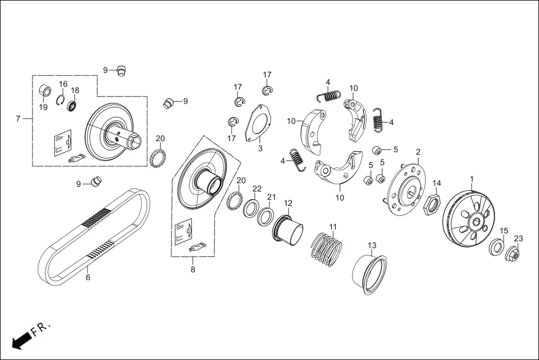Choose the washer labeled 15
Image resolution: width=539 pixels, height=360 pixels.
[497, 247]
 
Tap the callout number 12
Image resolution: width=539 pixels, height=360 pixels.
[288, 203]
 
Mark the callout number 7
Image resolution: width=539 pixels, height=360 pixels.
[18, 119]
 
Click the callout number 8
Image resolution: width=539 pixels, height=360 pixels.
[193, 270]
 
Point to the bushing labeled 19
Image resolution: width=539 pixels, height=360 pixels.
[44, 90]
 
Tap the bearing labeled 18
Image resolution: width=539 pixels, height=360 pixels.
[72, 105]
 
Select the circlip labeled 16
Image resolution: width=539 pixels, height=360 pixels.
[61, 100]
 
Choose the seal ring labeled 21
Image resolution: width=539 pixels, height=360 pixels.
[265, 215]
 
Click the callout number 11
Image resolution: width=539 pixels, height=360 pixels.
[333, 227]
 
